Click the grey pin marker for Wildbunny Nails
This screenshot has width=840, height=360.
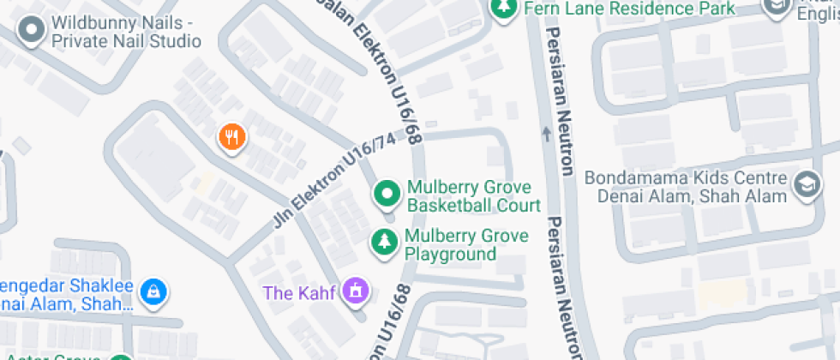click(32, 30)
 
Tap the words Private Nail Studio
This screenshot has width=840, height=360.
click(127, 41)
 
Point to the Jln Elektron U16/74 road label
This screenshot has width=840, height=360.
click(334, 180)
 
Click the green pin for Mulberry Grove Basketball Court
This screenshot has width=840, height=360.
click(387, 195)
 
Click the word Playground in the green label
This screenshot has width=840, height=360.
click(450, 255)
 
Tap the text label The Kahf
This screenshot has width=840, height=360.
click(299, 292)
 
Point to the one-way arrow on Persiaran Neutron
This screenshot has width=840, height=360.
click(546, 133)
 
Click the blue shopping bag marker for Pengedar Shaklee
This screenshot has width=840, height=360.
click(153, 291)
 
